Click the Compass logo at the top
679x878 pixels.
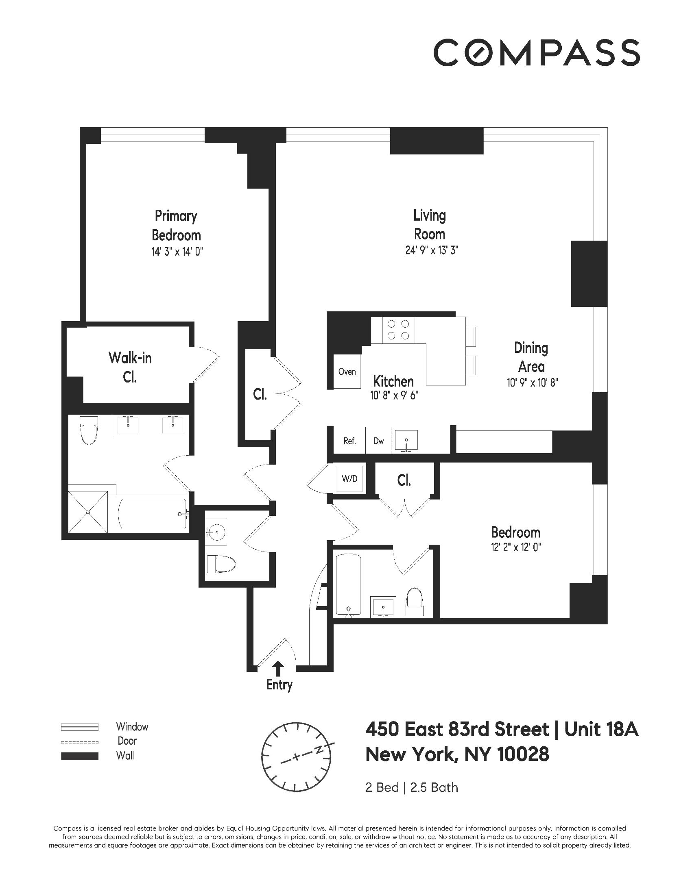536,52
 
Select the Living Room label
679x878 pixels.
430,224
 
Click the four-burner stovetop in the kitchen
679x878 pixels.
398,330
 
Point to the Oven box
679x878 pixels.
347,372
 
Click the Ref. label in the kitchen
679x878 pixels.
349,441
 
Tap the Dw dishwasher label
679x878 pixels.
378,441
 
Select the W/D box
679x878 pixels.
349,478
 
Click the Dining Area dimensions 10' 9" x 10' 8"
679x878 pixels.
531,382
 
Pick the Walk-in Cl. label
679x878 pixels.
130,367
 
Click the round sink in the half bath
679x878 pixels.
217,531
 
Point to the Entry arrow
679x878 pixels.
278,667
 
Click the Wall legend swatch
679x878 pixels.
80,756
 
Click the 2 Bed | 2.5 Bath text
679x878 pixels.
412,787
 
